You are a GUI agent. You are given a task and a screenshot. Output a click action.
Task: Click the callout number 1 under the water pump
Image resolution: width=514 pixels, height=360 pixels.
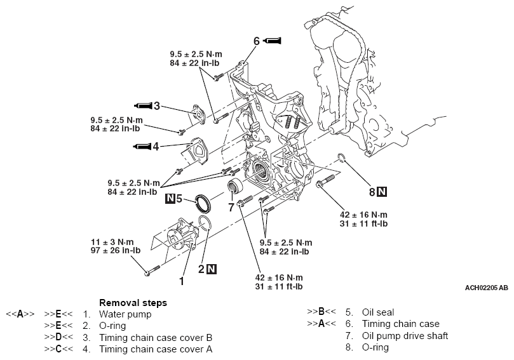[x=181, y=280]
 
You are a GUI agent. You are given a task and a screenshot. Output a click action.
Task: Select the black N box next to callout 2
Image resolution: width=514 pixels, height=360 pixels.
[x=212, y=269]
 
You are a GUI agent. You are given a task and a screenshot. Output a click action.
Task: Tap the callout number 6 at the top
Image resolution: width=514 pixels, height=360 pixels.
[x=256, y=41]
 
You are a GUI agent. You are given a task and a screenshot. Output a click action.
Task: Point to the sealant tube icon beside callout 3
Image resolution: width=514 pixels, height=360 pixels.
[x=142, y=105]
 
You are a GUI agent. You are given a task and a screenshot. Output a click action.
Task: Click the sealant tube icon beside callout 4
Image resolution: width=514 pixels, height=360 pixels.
[x=142, y=147]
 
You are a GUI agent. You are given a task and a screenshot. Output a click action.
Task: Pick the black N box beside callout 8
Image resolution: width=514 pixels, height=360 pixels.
[x=381, y=191]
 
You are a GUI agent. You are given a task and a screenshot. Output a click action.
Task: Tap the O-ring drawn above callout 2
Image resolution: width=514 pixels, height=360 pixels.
[x=205, y=225]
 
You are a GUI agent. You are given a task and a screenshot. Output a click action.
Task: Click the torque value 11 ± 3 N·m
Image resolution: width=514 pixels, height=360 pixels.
[x=112, y=242]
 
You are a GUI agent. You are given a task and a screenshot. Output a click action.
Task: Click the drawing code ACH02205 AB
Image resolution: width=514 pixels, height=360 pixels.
[x=485, y=288]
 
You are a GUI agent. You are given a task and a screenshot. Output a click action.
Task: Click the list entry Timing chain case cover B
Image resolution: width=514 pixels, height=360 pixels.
[x=156, y=337]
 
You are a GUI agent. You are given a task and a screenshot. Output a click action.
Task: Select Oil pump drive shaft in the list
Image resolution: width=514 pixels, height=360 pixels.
[x=405, y=336]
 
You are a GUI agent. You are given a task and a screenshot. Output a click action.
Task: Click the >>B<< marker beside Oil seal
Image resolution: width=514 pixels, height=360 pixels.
[x=321, y=312]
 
